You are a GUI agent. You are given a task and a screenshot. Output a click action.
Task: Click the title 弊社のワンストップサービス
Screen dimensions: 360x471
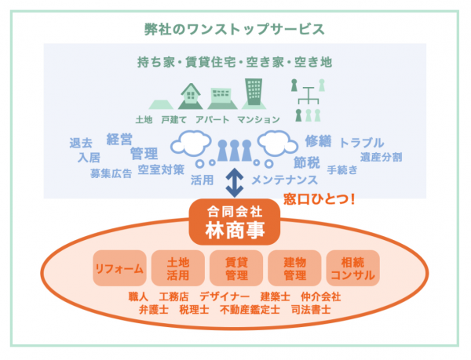pos(235,31)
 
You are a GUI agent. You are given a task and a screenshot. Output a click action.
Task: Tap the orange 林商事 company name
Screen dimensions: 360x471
pos(235,231)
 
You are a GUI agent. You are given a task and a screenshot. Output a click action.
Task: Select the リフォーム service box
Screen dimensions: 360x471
pos(119,268)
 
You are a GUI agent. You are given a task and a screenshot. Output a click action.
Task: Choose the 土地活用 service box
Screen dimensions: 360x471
pos(177,268)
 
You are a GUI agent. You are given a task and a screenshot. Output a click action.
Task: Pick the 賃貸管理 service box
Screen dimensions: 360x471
pos(235,268)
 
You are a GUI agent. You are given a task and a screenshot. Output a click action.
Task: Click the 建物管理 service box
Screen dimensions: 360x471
pos(294,268)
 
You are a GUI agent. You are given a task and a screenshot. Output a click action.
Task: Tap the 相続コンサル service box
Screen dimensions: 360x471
pos(352,268)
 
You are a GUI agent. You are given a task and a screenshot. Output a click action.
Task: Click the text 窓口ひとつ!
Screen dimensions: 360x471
pos(319,199)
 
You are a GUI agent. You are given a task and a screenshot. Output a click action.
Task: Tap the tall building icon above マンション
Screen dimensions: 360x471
pos(254,94)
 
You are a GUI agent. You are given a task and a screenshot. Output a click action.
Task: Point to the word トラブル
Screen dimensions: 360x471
pos(361,143)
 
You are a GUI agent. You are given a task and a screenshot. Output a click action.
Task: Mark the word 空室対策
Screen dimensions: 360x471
pos(161,169)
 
